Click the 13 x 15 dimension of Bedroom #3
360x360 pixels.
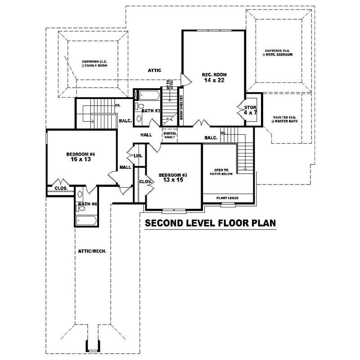(172, 180)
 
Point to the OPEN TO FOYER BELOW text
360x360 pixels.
(221, 172)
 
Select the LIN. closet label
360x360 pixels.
(138, 156)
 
